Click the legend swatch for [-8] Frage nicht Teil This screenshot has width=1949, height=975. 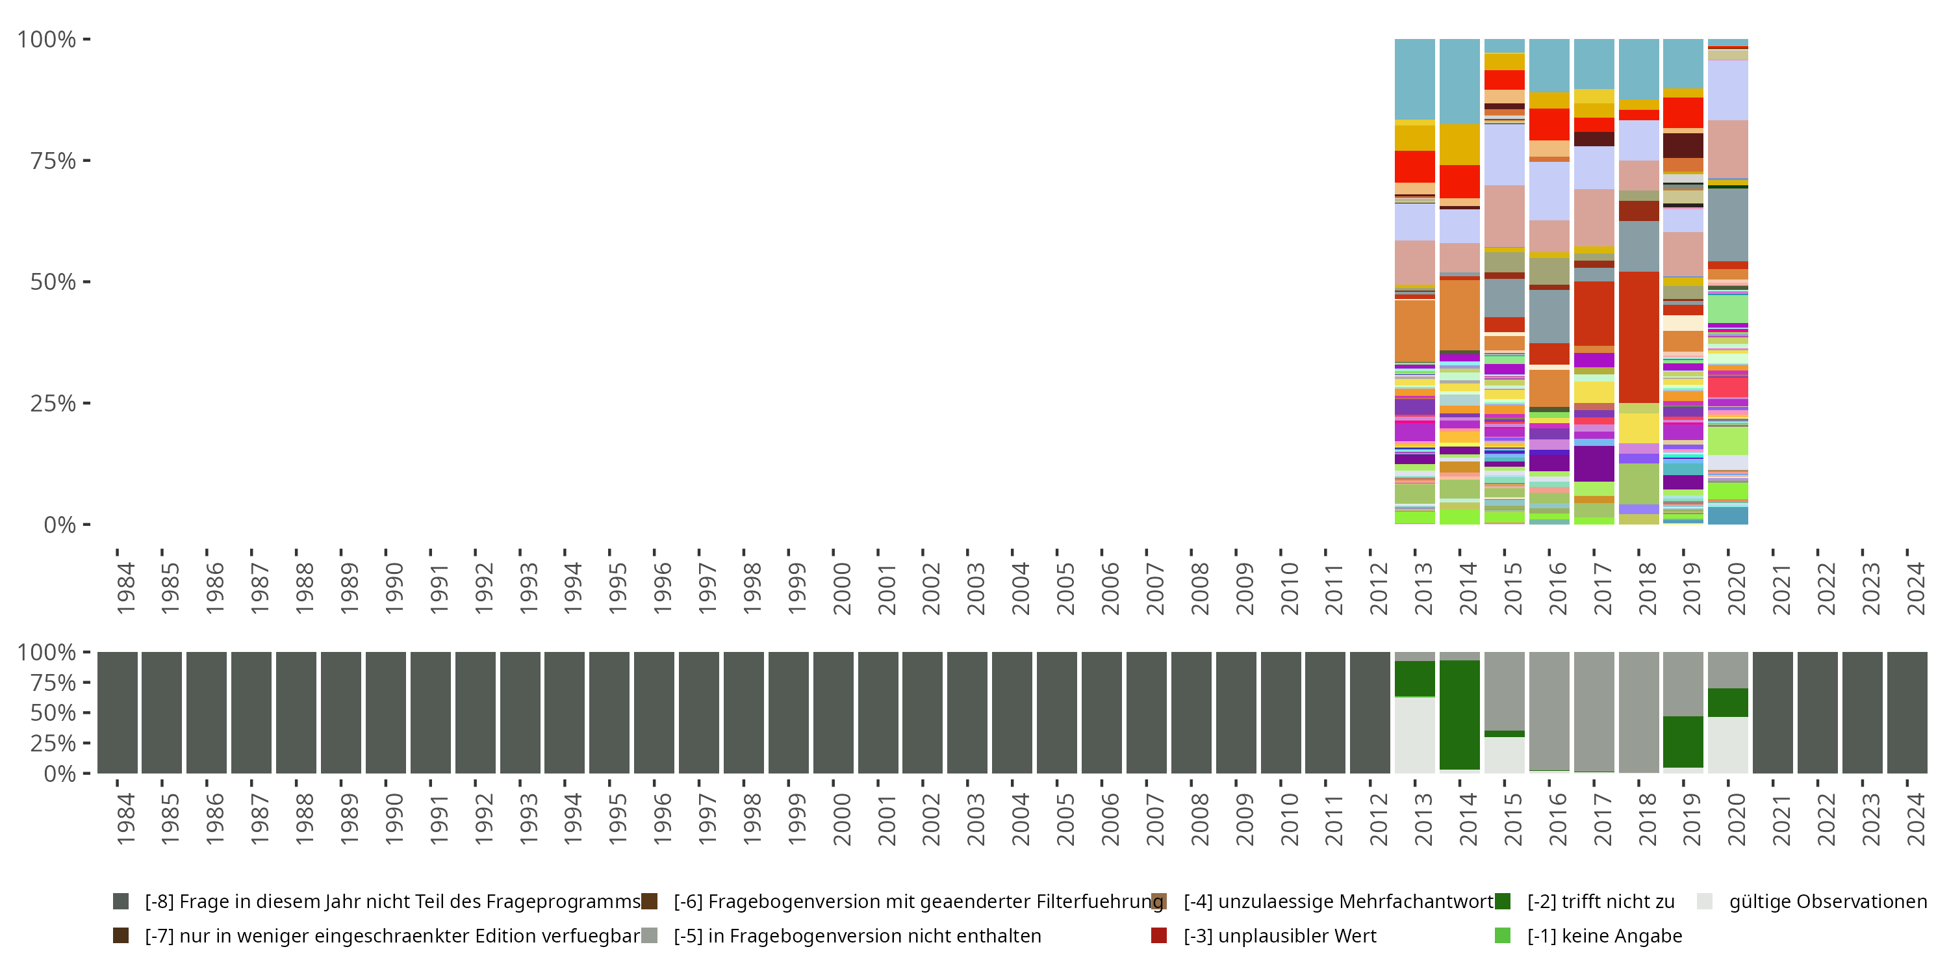pyautogui.click(x=120, y=901)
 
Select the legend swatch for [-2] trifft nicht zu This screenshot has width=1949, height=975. pyautogui.click(x=1503, y=901)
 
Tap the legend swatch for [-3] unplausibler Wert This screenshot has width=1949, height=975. pyautogui.click(x=1158, y=935)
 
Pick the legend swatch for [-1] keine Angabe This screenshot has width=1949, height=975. pyautogui.click(x=1503, y=935)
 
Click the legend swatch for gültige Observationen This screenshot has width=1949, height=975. pyautogui.click(x=1705, y=901)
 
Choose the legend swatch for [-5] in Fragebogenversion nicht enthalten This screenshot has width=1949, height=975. pyautogui.click(x=649, y=935)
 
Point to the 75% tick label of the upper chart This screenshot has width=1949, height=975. pyautogui.click(x=53, y=161)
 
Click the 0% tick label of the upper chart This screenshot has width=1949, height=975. pyautogui.click(x=60, y=525)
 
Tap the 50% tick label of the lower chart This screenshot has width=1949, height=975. pyautogui.click(x=53, y=712)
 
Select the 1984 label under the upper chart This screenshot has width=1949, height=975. pyautogui.click(x=125, y=588)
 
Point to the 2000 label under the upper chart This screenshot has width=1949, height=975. pyautogui.click(x=841, y=588)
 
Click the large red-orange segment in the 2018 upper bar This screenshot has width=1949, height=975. pyautogui.click(x=1639, y=337)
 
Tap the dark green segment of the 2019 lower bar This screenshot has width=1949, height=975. pyautogui.click(x=1683, y=742)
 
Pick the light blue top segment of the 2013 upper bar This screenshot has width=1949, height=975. pyautogui.click(x=1415, y=79)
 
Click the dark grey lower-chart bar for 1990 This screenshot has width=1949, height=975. pyautogui.click(x=386, y=712)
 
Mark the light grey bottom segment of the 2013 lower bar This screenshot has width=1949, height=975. pyautogui.click(x=1415, y=735)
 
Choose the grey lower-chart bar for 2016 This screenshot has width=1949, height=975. pyautogui.click(x=1549, y=711)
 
